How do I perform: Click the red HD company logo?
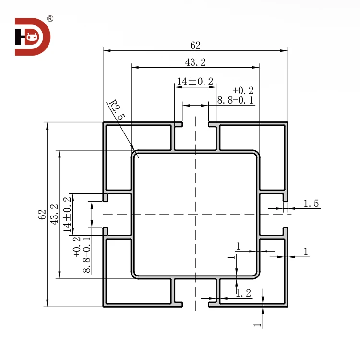tap(32, 37)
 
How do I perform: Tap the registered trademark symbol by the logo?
tap(50, 19)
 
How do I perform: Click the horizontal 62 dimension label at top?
tap(195, 46)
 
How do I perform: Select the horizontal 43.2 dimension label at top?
tap(195, 62)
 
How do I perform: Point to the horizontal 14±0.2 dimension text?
tap(195, 81)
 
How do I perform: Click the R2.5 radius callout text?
tap(117, 110)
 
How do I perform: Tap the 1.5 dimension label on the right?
tap(311, 204)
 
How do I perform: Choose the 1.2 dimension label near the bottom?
tap(243, 293)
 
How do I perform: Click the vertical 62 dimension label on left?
tap(42, 215)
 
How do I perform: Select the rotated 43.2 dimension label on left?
tap(54, 215)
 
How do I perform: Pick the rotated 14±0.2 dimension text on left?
tap(67, 215)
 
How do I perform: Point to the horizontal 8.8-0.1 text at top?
tap(235, 100)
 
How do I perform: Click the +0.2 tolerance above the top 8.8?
tap(243, 90)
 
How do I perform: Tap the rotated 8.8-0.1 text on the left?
tap(86, 254)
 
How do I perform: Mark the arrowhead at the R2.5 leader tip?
tap(132, 147)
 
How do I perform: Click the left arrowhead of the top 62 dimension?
tap(107, 50)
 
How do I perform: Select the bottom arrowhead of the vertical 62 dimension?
tap(48, 303)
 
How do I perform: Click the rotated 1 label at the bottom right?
tap(257, 325)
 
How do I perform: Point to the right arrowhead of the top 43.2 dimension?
tap(256, 67)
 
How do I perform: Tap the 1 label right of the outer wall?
tap(306, 252)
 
